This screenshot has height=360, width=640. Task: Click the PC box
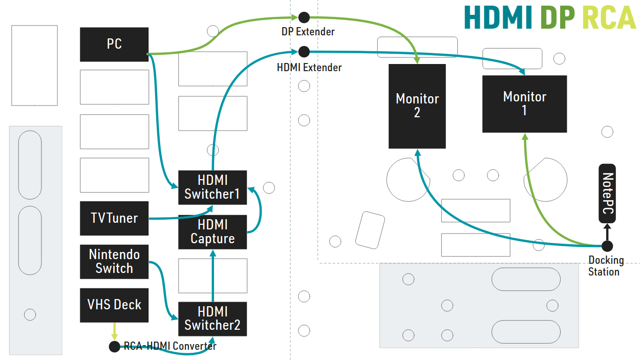click(x=114, y=45)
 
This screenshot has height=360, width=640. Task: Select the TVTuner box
click(x=114, y=219)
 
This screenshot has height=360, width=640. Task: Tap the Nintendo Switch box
click(x=114, y=262)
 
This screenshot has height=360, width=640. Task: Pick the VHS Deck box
click(x=114, y=305)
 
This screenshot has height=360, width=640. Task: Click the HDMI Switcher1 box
click(x=212, y=187)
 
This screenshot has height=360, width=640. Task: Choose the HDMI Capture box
click(x=212, y=232)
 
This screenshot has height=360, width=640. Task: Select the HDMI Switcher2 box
click(x=212, y=319)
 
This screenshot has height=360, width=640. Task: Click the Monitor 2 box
click(x=417, y=106)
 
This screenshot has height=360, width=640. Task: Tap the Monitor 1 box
click(x=524, y=104)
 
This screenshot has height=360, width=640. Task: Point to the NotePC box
click(x=607, y=194)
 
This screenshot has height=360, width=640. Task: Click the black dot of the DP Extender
click(x=304, y=17)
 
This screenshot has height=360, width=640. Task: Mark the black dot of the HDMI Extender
click(x=304, y=51)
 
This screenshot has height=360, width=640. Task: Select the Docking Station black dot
click(x=607, y=246)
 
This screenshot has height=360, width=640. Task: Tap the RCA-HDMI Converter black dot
click(x=115, y=347)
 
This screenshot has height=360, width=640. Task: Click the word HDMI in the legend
click(x=498, y=18)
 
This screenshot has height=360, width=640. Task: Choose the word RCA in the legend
click(x=609, y=18)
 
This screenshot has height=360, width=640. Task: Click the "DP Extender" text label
click(x=308, y=32)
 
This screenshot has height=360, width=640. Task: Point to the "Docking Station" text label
click(x=606, y=266)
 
